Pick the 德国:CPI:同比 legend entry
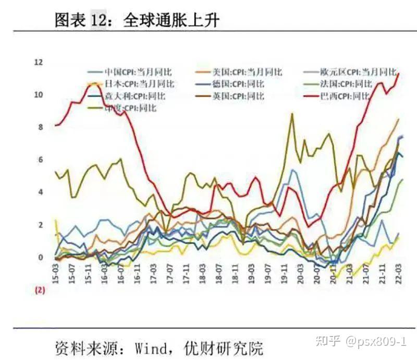point(238,83)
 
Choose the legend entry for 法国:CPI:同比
point(346,83)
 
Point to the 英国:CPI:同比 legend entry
point(238,96)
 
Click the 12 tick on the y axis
point(38,62)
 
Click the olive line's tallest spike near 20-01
point(292,114)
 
